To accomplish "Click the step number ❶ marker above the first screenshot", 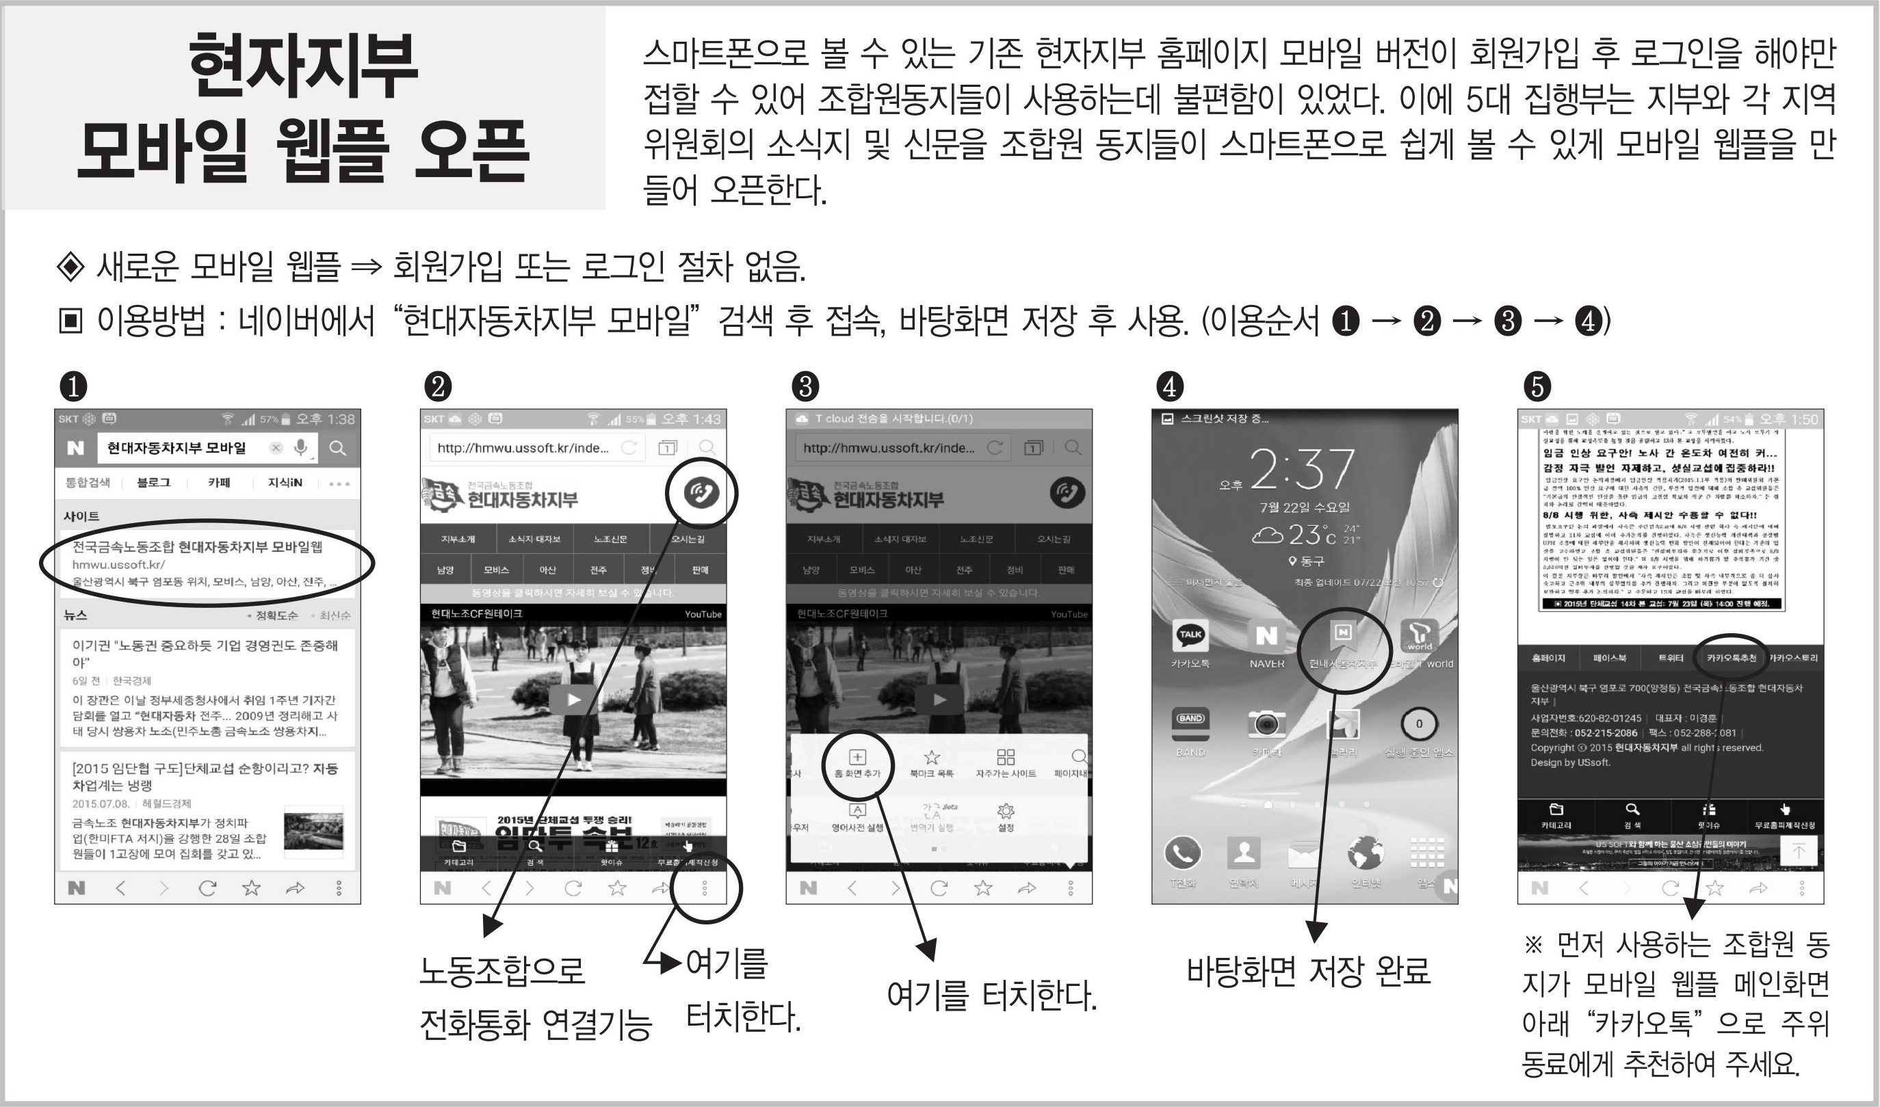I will [x=73, y=386].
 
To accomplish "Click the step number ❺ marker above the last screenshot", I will [x=1537, y=386].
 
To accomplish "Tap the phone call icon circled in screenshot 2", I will [x=701, y=492].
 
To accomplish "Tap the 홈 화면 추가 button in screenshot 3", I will [x=857, y=762].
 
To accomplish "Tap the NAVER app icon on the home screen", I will [x=1266, y=636].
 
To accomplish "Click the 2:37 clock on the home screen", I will [x=1302, y=468].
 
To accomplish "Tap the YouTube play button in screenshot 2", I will [x=573, y=699].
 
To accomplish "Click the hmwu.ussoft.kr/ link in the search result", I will [x=118, y=565].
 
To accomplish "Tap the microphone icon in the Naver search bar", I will [x=300, y=448].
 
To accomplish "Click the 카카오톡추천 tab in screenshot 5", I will [x=1731, y=658].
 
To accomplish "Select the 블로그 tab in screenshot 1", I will [x=153, y=483].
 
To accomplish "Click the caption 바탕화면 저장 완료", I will [x=1308, y=971].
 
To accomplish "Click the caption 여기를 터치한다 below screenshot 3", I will [x=991, y=995].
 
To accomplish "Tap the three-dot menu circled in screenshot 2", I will [x=705, y=888].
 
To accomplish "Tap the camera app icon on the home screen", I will [x=1266, y=723].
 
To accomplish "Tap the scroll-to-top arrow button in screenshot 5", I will [x=1799, y=851].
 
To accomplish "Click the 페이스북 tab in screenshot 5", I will [x=1609, y=658].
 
